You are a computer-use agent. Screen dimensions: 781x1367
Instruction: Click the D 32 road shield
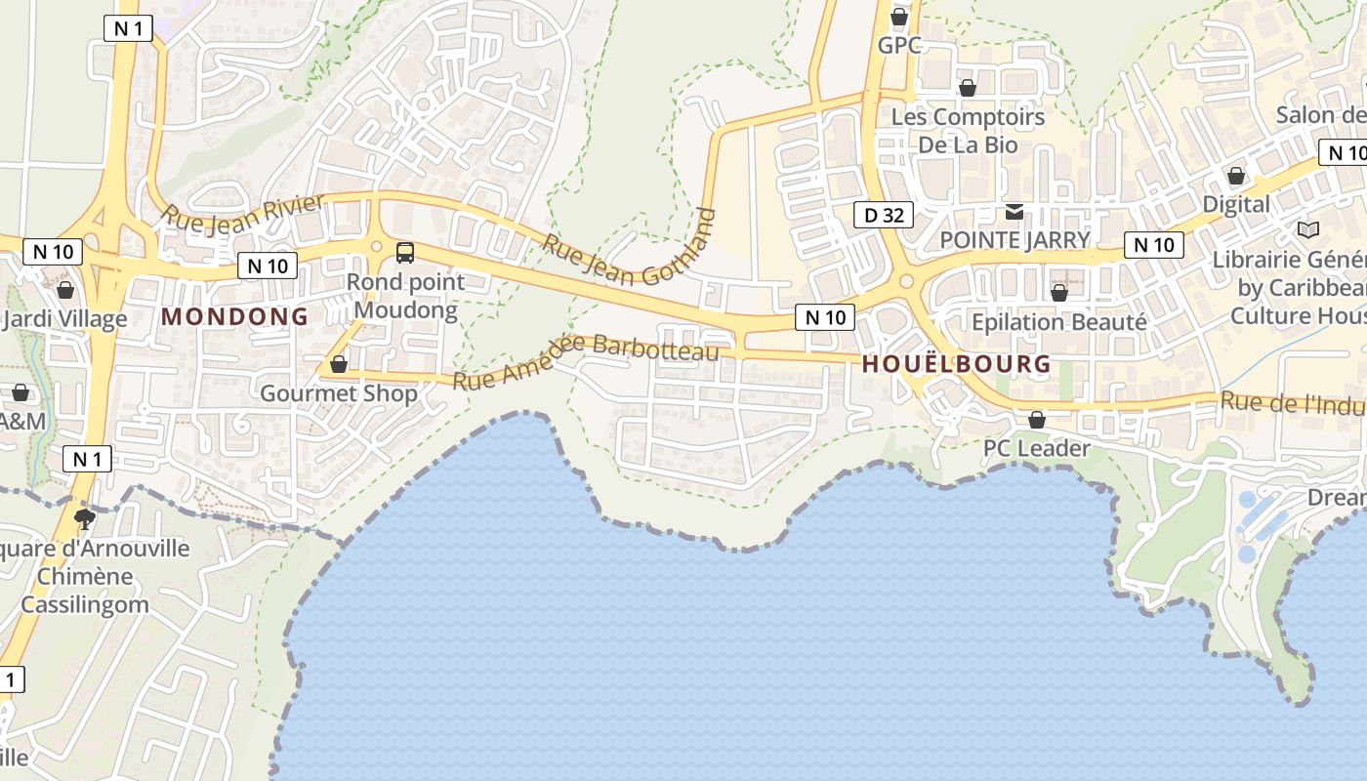(885, 215)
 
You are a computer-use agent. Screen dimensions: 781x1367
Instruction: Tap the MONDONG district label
(234, 316)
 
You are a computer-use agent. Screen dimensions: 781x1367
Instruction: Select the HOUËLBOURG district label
(957, 364)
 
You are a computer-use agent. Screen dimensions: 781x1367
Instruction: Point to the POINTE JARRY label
(1015, 240)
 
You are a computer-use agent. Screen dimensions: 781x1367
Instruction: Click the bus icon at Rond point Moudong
(404, 253)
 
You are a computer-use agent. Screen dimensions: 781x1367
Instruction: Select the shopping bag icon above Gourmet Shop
(339, 364)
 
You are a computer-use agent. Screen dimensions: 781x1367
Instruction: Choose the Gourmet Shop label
(339, 393)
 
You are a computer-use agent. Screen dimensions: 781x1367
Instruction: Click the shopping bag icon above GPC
(899, 17)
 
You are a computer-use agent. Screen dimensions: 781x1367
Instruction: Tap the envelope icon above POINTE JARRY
(1015, 212)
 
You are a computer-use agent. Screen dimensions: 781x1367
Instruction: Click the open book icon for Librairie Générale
(1307, 229)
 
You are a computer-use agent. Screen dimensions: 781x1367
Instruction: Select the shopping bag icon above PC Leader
(1037, 420)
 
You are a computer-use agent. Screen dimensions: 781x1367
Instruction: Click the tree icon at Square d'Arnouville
(85, 517)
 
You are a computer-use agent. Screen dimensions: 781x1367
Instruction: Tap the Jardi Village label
(66, 319)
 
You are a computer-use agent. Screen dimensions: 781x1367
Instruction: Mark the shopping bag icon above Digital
(1236, 176)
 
